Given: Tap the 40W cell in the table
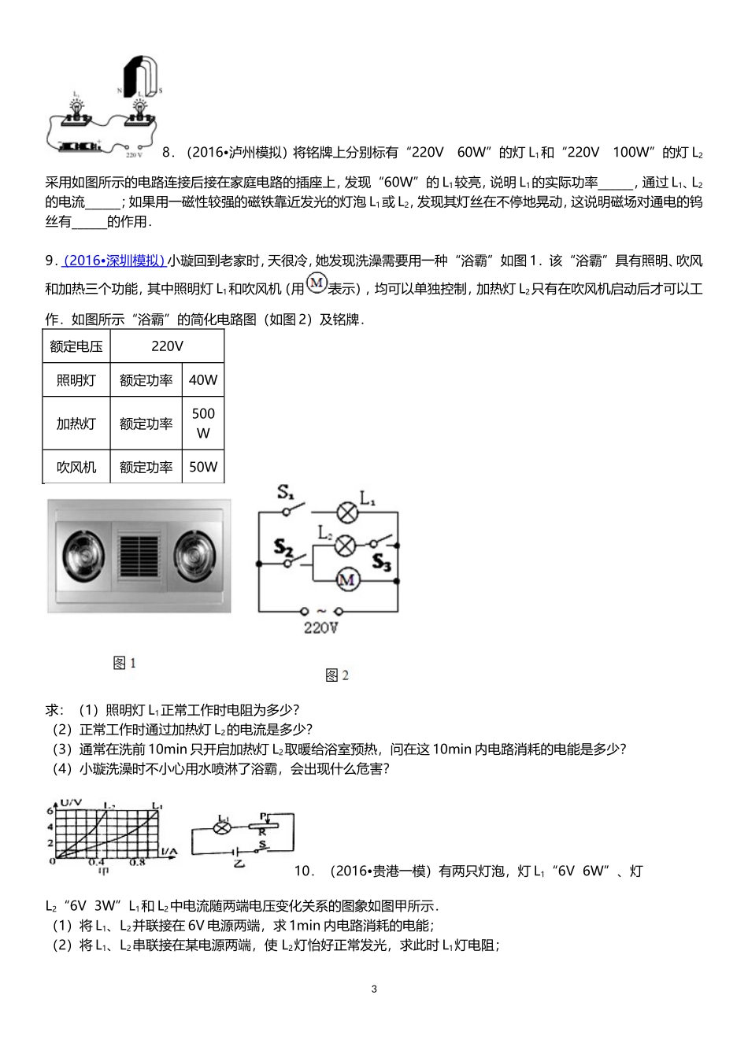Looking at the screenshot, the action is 203,380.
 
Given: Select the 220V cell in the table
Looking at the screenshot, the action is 167,346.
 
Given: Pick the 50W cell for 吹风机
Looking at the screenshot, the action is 203,467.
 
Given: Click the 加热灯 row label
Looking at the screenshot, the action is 76,424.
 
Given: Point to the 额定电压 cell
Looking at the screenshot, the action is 76,346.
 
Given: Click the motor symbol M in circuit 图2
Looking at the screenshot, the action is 347,580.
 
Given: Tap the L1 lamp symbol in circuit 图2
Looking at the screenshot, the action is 347,512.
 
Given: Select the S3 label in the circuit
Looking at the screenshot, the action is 381,562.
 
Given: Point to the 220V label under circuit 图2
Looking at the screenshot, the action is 320,627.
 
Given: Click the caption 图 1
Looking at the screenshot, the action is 124,663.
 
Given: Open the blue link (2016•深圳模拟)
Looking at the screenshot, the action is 114,261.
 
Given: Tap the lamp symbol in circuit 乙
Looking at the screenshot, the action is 223,827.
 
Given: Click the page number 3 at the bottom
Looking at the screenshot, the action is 374,989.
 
